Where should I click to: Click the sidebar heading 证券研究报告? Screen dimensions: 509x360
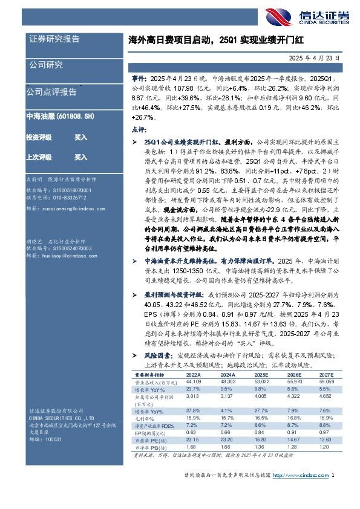54,39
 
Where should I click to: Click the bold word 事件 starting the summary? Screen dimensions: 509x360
139,79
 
